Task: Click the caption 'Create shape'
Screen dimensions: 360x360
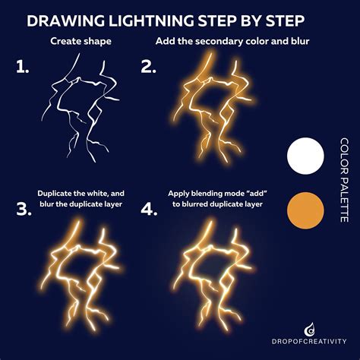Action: pyautogui.click(x=79, y=41)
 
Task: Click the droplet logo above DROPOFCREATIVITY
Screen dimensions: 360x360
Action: pyautogui.click(x=308, y=327)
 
